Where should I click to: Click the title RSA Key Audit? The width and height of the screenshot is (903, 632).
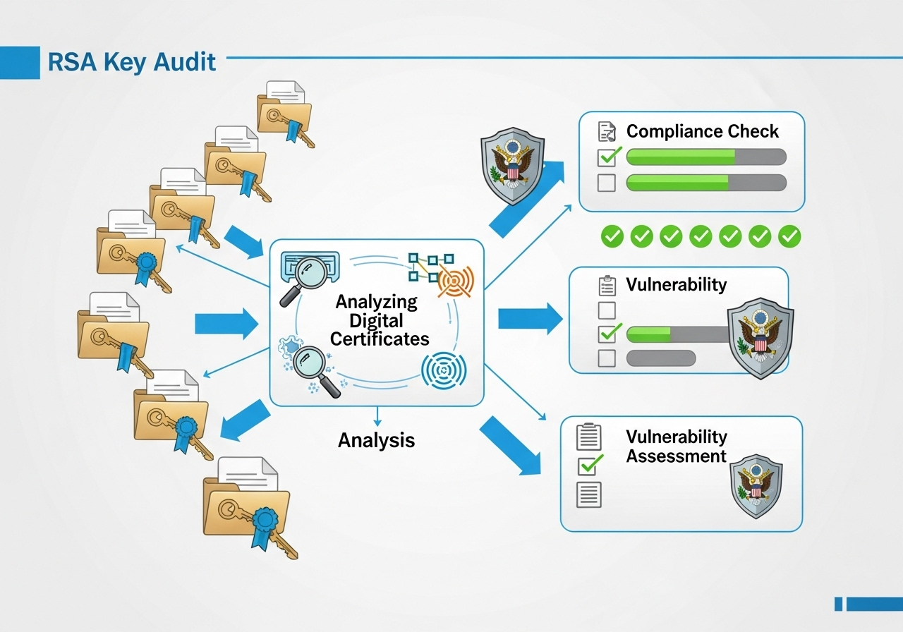(x=132, y=62)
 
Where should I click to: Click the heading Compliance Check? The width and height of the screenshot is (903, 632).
(x=702, y=131)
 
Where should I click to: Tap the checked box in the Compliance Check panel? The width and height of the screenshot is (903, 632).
(x=607, y=157)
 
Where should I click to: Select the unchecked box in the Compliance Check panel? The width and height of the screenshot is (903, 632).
(x=606, y=183)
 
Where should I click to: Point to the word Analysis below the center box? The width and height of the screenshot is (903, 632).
(x=376, y=441)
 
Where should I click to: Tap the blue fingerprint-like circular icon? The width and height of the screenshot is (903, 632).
(x=442, y=370)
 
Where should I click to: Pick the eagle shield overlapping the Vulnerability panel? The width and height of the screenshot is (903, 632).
(x=760, y=338)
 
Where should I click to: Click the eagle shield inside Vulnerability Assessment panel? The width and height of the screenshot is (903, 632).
(x=755, y=487)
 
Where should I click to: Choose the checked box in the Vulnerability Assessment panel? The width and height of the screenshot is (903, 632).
(x=589, y=465)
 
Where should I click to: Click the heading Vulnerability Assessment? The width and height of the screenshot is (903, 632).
(x=676, y=446)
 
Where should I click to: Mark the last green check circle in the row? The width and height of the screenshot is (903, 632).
(x=789, y=236)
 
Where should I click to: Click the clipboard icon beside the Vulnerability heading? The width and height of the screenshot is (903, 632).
(x=607, y=286)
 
